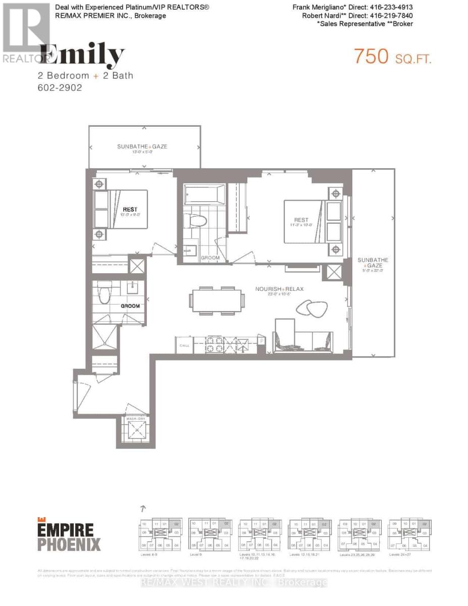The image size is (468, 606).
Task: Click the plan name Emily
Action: click(x=83, y=56)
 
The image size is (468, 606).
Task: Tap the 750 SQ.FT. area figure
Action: click(x=393, y=56)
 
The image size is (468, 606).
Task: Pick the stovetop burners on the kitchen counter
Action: click(x=215, y=346)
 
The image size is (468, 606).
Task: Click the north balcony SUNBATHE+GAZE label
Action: click(x=142, y=146)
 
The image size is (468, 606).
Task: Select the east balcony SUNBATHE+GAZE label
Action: click(x=373, y=263)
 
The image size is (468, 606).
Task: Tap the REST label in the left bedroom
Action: click(x=130, y=209)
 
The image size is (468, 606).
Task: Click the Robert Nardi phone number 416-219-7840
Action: click(x=393, y=15)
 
